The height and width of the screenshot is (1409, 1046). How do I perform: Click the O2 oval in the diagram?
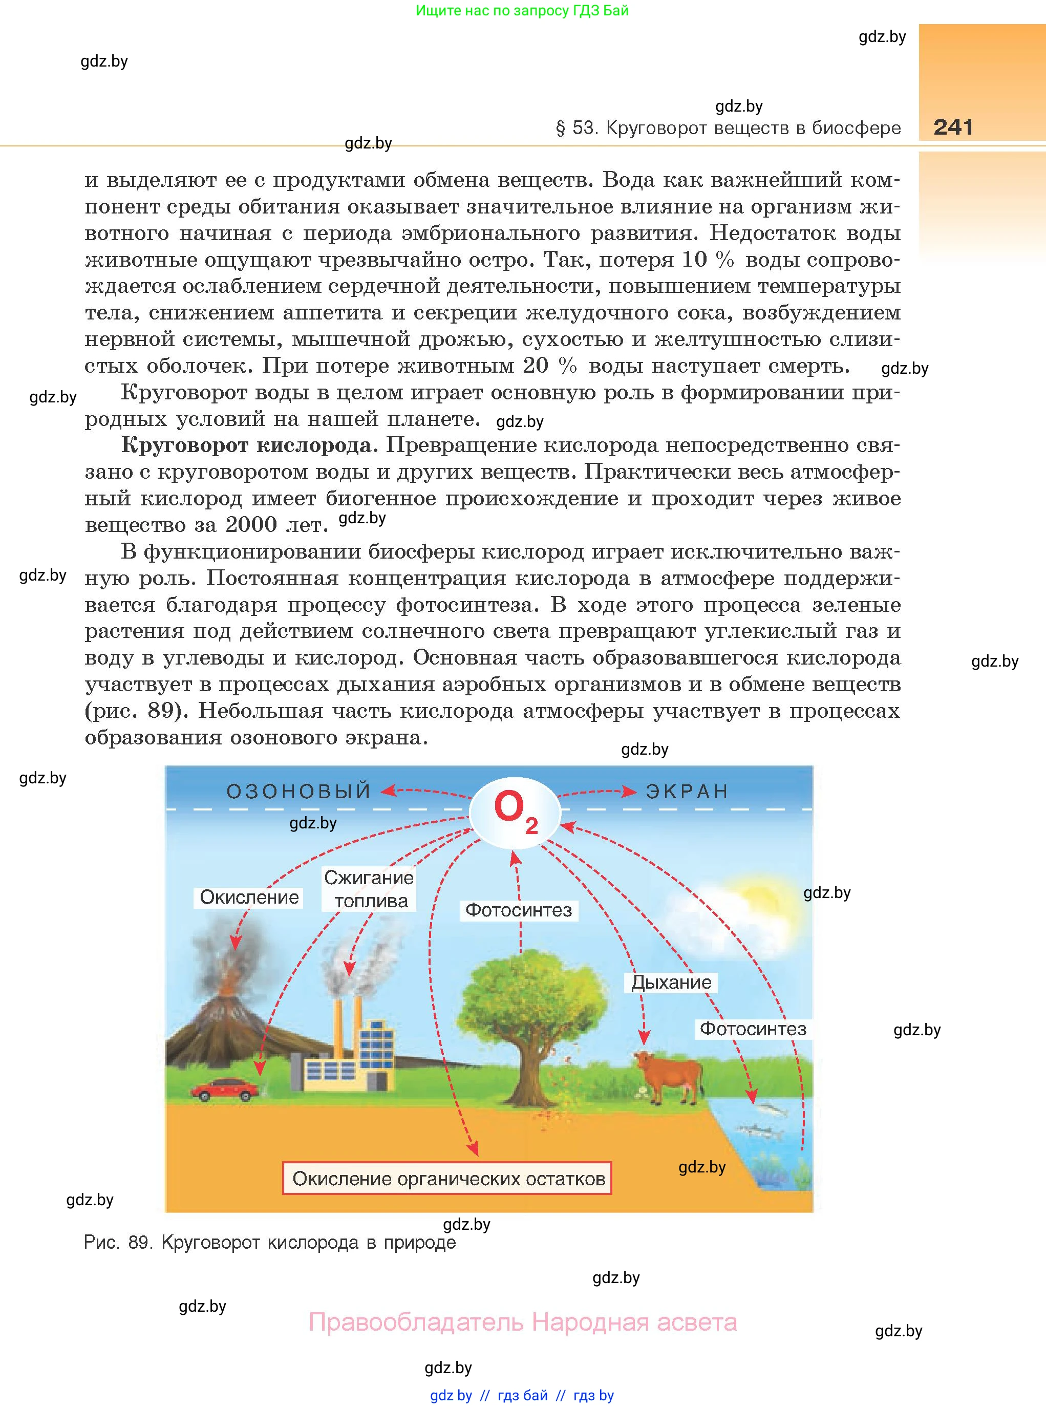[515, 813]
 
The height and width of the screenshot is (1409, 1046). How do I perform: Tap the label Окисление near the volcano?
[249, 898]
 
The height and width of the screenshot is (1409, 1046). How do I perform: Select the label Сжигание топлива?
[369, 889]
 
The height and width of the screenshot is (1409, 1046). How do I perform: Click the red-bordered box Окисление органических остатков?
[447, 1179]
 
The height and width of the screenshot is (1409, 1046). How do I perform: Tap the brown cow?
[668, 1073]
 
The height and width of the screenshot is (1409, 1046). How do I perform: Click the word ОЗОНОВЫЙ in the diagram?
[298, 792]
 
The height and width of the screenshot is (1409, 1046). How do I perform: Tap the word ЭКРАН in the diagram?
[687, 792]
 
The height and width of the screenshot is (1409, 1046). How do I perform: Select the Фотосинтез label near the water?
[753, 1029]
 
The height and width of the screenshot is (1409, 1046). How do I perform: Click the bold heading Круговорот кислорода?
[246, 445]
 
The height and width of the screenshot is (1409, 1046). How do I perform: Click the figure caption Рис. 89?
[270, 1243]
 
